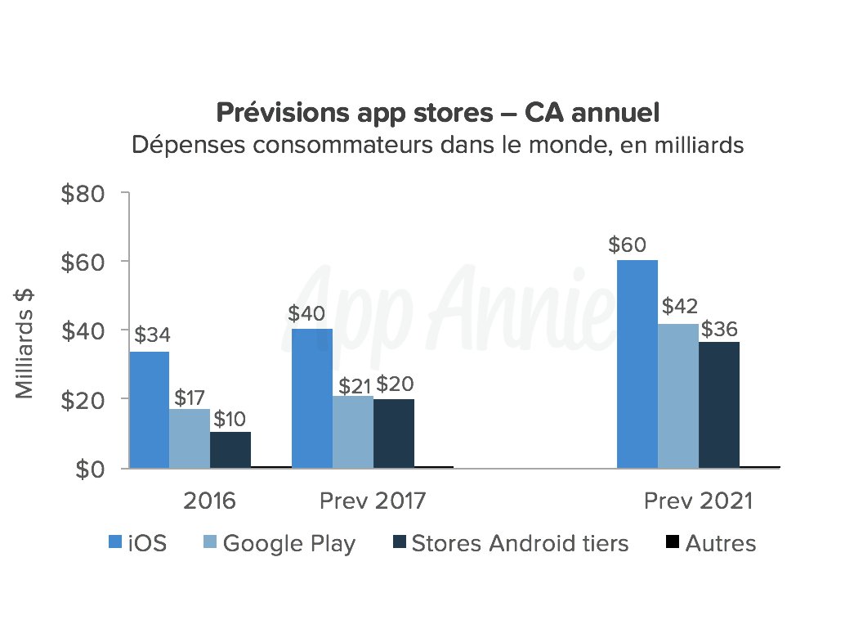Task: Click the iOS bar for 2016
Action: tap(150, 409)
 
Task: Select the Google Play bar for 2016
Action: tap(190, 438)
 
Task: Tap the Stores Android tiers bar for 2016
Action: tap(230, 449)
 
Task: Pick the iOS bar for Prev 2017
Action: tap(312, 398)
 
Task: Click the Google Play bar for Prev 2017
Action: tap(352, 431)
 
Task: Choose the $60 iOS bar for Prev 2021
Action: tap(637, 364)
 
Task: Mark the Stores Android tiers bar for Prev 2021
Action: tap(718, 405)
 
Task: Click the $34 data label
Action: tap(151, 335)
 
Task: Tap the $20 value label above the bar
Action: tap(395, 384)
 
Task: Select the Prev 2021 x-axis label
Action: tap(697, 501)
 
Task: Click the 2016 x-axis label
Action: tap(209, 501)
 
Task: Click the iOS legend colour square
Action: tap(116, 542)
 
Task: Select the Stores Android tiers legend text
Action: tap(520, 543)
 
